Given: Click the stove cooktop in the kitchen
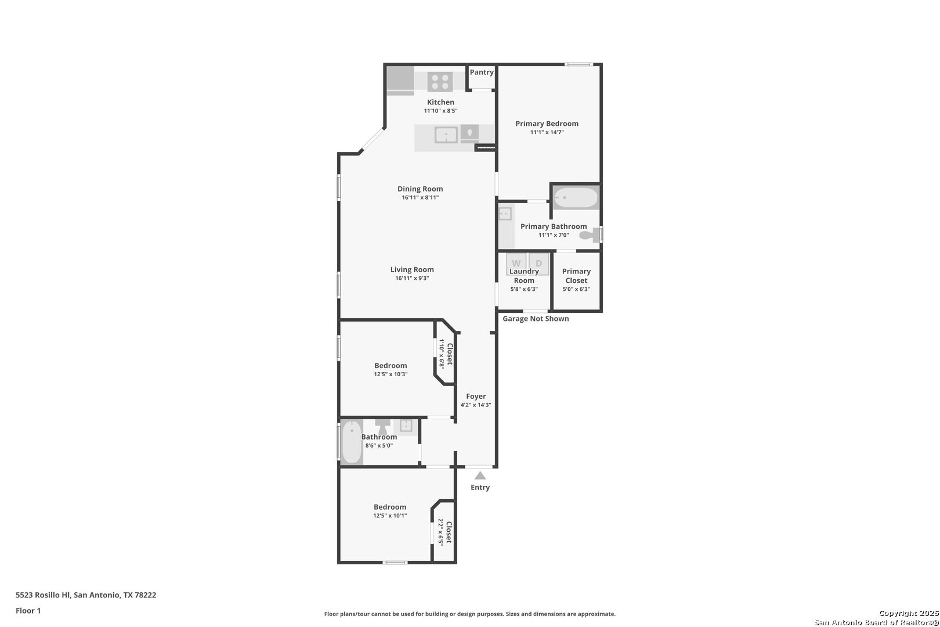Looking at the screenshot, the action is pyautogui.click(x=440, y=81).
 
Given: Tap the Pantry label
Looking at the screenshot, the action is pyautogui.click(x=482, y=72).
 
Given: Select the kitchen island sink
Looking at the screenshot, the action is pyautogui.click(x=446, y=135).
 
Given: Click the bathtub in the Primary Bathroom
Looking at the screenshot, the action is pyautogui.click(x=576, y=198).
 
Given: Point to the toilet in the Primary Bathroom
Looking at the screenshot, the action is pyautogui.click(x=590, y=235).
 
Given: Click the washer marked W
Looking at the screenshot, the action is pyautogui.click(x=516, y=263).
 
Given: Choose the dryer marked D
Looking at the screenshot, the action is pyautogui.click(x=538, y=263).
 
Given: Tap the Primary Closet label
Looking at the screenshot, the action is pyautogui.click(x=576, y=276).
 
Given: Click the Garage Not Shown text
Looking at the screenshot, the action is pyautogui.click(x=536, y=319).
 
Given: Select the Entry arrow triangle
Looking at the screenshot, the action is pyautogui.click(x=480, y=476).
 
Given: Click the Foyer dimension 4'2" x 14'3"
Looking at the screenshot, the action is pyautogui.click(x=476, y=405).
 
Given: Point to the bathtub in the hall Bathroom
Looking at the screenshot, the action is pyautogui.click(x=352, y=442).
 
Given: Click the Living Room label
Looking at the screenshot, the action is pyautogui.click(x=412, y=269).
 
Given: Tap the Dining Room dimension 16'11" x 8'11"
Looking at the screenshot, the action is pyautogui.click(x=420, y=197).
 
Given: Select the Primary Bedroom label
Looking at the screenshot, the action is pyautogui.click(x=547, y=124).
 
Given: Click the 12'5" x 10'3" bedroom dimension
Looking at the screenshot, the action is pyautogui.click(x=391, y=374).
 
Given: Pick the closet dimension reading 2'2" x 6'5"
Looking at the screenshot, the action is pyautogui.click(x=440, y=532).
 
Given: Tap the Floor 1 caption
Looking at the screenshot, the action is pyautogui.click(x=28, y=611).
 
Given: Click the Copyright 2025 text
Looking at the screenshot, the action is pyautogui.click(x=909, y=614).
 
